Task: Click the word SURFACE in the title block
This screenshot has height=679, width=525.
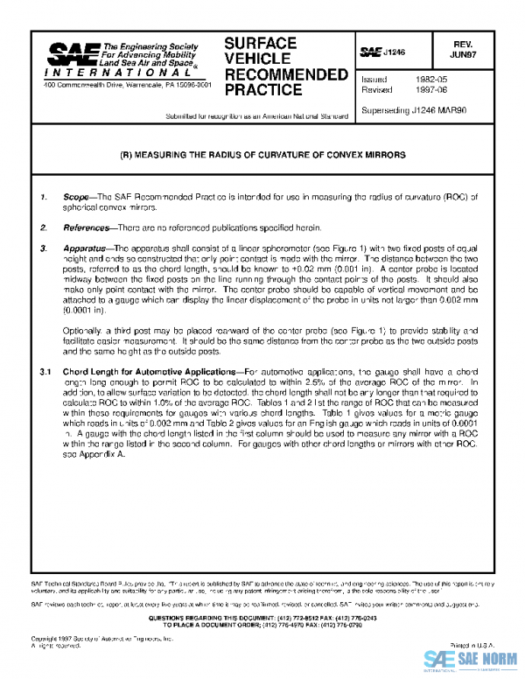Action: click(261, 43)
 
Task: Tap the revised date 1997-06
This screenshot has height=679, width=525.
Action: click(421, 89)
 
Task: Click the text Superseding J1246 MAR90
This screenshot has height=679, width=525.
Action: click(413, 109)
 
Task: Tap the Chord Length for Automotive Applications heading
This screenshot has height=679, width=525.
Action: click(150, 372)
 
